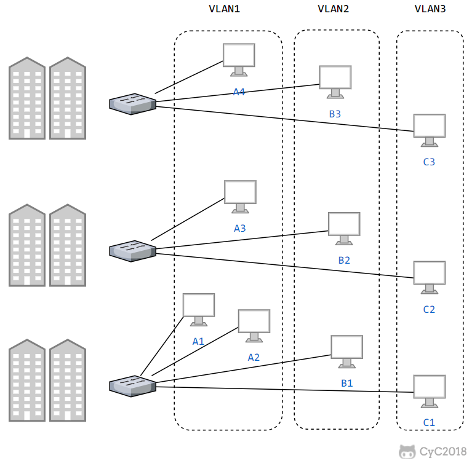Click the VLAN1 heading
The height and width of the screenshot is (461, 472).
click(225, 9)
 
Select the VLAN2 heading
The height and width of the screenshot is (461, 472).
click(333, 9)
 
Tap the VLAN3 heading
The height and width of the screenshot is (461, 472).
click(430, 9)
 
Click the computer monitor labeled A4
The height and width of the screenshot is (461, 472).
click(239, 58)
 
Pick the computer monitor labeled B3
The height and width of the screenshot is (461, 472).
click(335, 81)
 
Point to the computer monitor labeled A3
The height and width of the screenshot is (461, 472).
click(240, 195)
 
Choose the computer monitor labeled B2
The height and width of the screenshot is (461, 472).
click(344, 227)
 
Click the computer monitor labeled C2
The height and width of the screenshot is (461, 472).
click(429, 276)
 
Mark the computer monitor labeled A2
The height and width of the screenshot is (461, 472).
click(254, 325)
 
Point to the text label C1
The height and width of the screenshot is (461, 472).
click(429, 422)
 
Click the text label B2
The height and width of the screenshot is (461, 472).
click(344, 260)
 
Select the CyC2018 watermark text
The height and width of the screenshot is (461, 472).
click(442, 452)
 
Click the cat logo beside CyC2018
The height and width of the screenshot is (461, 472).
click(406, 451)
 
